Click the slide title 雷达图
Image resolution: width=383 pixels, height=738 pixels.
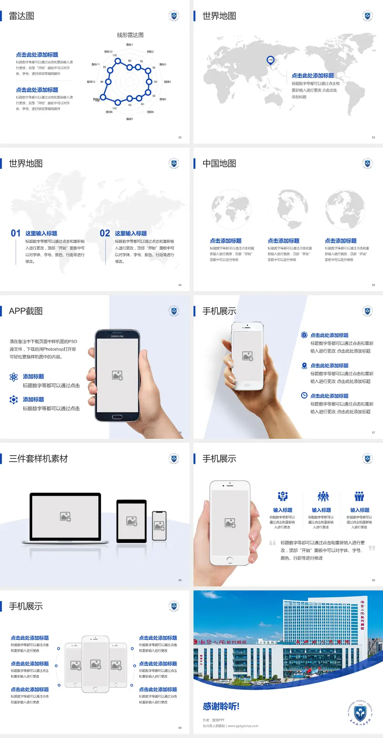click(x=22, y=16)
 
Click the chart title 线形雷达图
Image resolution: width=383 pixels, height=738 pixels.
click(x=130, y=35)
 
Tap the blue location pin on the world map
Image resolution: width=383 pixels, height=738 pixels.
click(x=270, y=60)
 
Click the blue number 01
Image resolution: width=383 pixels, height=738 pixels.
click(x=16, y=233)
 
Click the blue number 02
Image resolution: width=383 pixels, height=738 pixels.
click(x=105, y=233)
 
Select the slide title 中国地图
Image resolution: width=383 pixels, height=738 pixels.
click(x=219, y=164)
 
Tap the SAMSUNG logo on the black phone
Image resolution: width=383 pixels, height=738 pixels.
click(x=117, y=336)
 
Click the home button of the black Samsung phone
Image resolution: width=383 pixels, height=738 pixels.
click(x=117, y=417)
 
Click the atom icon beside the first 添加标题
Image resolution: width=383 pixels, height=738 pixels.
click(x=14, y=377)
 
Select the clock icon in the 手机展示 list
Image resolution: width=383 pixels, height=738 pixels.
click(x=304, y=395)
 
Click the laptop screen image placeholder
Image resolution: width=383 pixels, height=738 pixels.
click(x=65, y=517)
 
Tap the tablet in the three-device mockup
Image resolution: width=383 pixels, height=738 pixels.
click(x=132, y=521)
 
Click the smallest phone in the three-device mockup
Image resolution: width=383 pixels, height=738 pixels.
click(x=159, y=526)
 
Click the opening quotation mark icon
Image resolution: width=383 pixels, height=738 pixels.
click(x=272, y=543)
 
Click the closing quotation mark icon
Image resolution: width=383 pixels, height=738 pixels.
click(x=371, y=548)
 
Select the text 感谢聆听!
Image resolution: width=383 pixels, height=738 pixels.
click(x=221, y=706)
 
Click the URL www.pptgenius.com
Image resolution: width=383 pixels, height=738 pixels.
click(x=243, y=726)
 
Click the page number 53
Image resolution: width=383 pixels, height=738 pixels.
click(x=373, y=137)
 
